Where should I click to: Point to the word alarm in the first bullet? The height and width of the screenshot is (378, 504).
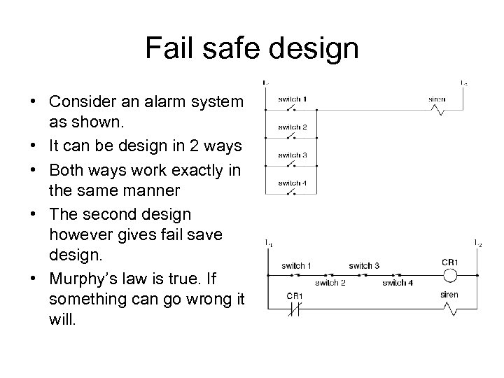coord(160,101)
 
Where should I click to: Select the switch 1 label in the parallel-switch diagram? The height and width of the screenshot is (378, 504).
coord(292,99)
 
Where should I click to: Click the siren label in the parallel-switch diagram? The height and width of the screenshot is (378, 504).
coord(437,99)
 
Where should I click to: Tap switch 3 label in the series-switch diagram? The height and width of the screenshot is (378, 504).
coord(363,266)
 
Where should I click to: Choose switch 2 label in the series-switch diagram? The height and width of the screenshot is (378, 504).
coord(330,283)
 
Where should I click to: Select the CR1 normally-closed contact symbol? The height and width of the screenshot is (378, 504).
coord(295,309)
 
